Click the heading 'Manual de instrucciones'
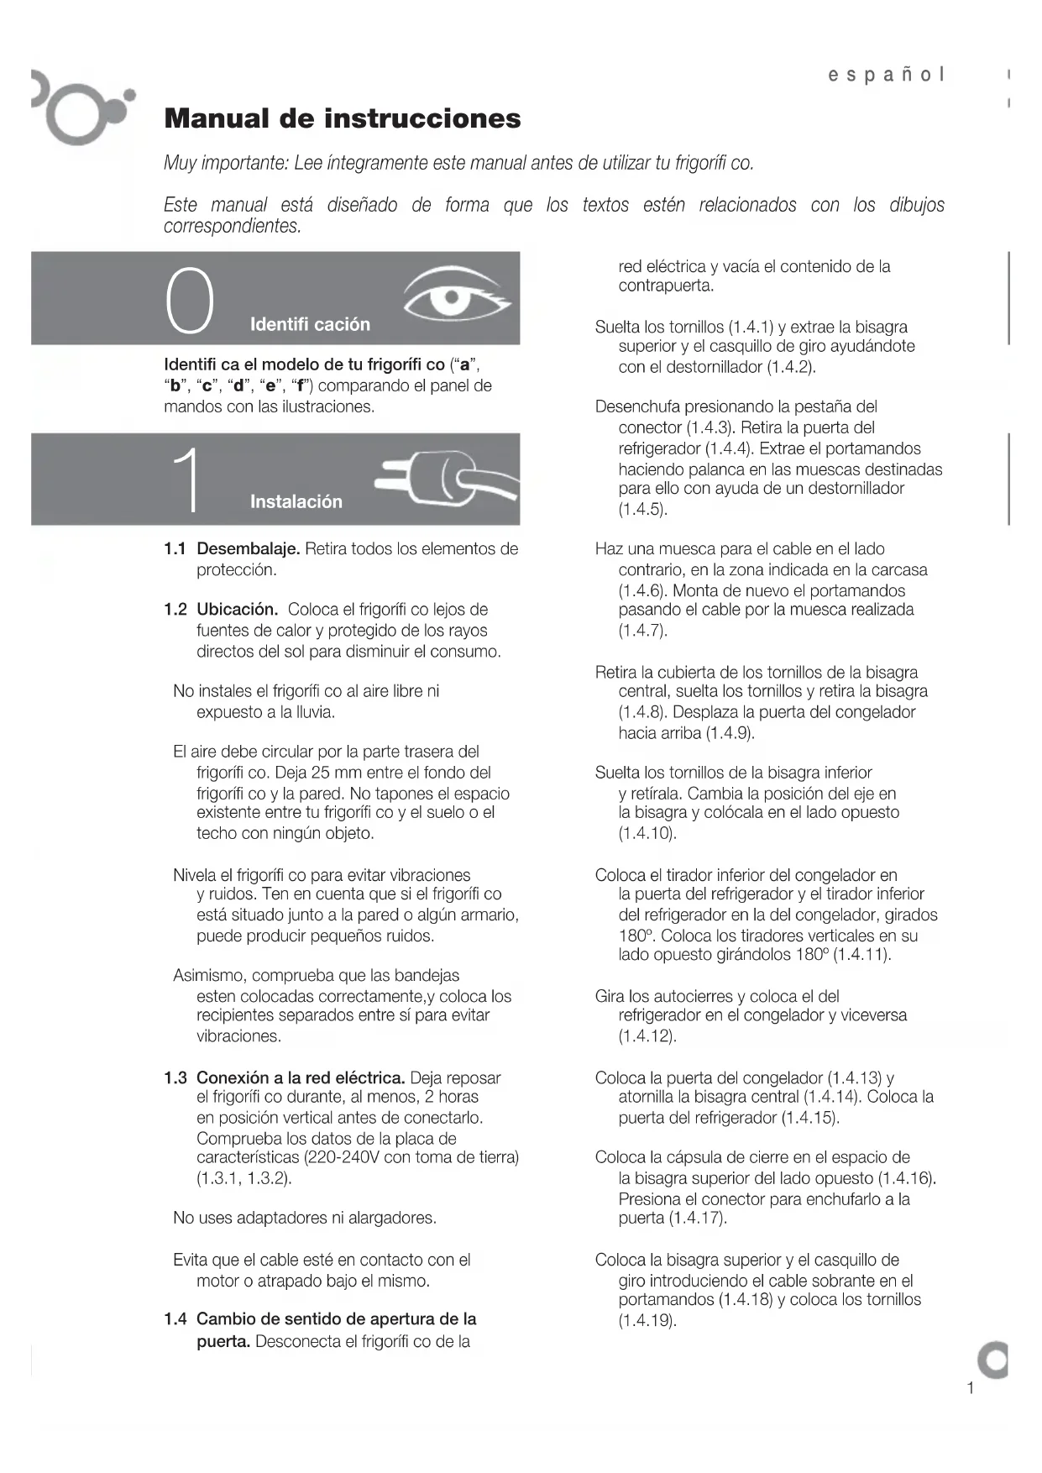click(343, 118)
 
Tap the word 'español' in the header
click(886, 75)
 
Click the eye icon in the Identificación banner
click(454, 295)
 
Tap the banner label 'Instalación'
click(296, 501)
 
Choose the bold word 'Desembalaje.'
click(248, 549)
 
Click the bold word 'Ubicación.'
click(237, 610)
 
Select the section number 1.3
click(175, 1077)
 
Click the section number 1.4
click(175, 1318)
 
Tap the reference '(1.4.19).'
click(647, 1320)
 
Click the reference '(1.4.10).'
click(647, 833)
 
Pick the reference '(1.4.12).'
click(647, 1035)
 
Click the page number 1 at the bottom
click(970, 1387)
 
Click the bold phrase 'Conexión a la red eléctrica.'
click(301, 1077)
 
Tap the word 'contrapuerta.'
click(667, 286)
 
